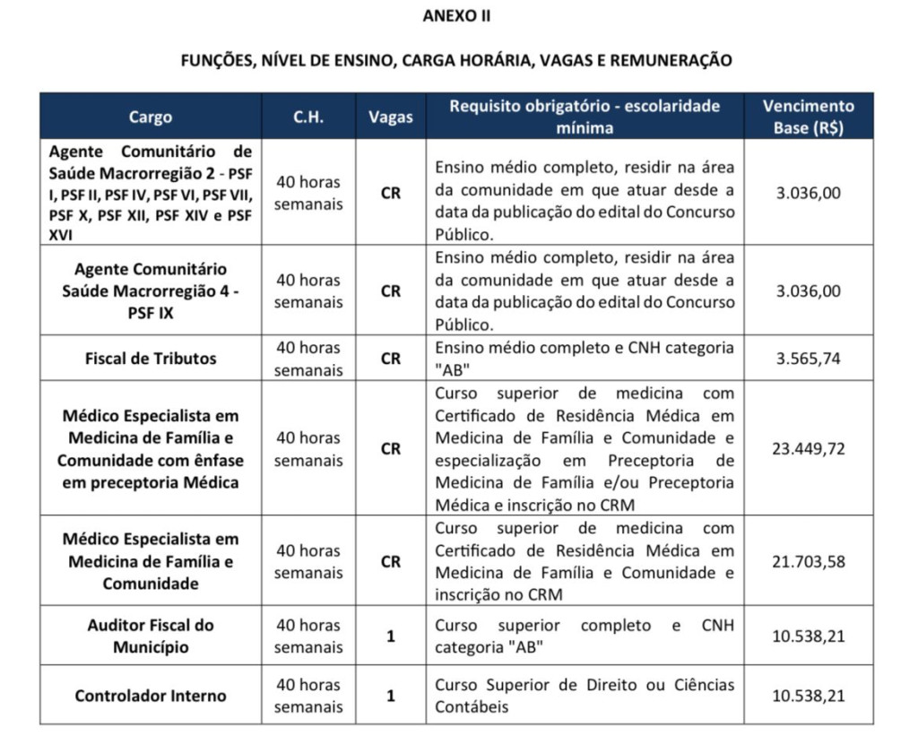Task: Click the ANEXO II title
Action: tap(457, 16)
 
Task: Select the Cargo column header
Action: tap(151, 117)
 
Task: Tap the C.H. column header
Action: tap(308, 117)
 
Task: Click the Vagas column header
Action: tap(391, 117)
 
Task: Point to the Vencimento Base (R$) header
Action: tap(808, 117)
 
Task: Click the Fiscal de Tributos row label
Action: tap(151, 359)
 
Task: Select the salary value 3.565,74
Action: tap(808, 359)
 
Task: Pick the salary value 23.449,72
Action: tap(808, 448)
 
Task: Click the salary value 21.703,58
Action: tap(808, 562)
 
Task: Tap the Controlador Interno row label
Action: tap(151, 696)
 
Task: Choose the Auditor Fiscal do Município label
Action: tap(151, 636)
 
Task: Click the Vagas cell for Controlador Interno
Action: tap(391, 696)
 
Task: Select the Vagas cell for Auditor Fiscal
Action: tap(391, 636)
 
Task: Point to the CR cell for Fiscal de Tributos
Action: tap(391, 359)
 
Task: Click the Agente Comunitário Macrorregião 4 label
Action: tap(151, 291)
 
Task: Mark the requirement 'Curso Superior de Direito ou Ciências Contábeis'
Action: tap(585, 696)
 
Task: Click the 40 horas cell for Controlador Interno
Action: tap(308, 696)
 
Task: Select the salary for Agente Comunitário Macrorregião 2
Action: tap(808, 193)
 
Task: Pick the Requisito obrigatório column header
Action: tap(585, 117)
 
